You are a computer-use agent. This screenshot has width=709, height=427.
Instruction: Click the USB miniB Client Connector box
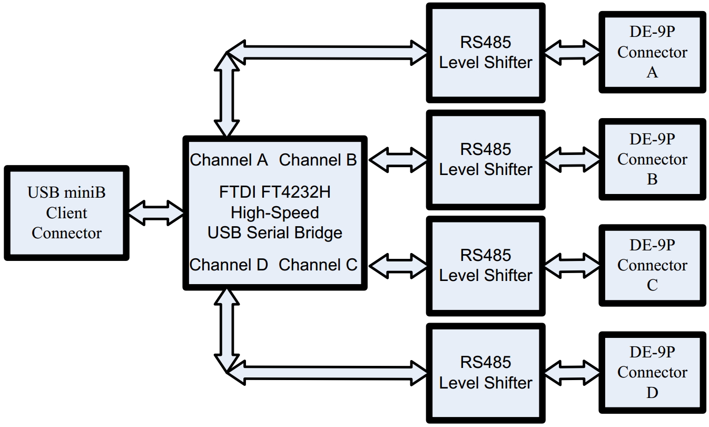click(x=66, y=213)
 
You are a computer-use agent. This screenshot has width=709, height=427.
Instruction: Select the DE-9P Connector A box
click(x=652, y=52)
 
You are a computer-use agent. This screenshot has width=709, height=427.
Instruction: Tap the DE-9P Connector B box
click(x=652, y=159)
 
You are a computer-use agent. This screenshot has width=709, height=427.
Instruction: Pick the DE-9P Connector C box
click(x=652, y=265)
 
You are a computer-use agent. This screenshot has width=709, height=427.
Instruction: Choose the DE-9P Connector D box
click(x=652, y=372)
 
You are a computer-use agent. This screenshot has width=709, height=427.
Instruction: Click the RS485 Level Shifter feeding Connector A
click(x=486, y=52)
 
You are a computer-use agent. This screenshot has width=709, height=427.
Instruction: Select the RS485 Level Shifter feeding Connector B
click(x=486, y=159)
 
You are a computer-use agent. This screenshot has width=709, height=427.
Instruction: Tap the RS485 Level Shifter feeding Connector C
click(x=486, y=265)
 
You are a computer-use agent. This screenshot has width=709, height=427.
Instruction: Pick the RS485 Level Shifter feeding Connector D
click(x=486, y=372)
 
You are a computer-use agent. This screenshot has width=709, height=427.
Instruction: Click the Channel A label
click(x=229, y=160)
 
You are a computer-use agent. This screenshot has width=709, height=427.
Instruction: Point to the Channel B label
click(x=318, y=160)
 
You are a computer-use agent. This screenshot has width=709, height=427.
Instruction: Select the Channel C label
click(x=318, y=265)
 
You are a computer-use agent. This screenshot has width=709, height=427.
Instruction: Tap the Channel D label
click(x=229, y=265)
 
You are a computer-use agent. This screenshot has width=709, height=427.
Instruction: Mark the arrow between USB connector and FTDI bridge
click(x=156, y=213)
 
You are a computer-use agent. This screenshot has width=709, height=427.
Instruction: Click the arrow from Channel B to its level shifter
click(x=398, y=159)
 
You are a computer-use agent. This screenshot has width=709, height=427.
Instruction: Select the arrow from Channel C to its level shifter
click(x=398, y=265)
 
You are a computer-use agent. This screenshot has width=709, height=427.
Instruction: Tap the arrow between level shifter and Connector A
click(x=572, y=52)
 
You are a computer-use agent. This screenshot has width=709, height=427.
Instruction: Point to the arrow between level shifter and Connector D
click(x=572, y=372)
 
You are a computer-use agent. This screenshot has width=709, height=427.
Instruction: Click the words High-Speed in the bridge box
click(x=275, y=212)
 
